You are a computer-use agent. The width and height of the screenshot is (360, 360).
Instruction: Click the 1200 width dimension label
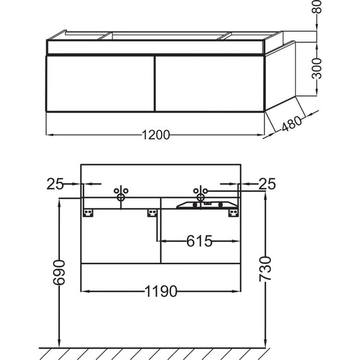[x=156, y=135]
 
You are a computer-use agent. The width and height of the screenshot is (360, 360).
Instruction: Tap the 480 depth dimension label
[x=292, y=124]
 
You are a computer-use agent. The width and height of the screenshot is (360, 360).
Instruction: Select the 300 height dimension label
[x=317, y=68]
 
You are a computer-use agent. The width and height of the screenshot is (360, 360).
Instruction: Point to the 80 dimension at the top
[x=318, y=6]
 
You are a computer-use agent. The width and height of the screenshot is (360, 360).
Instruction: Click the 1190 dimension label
[x=161, y=292]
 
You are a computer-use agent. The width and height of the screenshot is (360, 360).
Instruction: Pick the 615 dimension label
[x=199, y=241]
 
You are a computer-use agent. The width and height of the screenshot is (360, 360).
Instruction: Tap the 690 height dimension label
[x=59, y=272]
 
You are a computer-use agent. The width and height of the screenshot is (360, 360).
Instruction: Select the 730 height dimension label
[x=265, y=269]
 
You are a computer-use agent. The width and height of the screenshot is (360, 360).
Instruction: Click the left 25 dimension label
[x=55, y=184]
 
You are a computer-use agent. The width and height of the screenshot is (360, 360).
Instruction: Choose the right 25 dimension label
[x=267, y=184]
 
